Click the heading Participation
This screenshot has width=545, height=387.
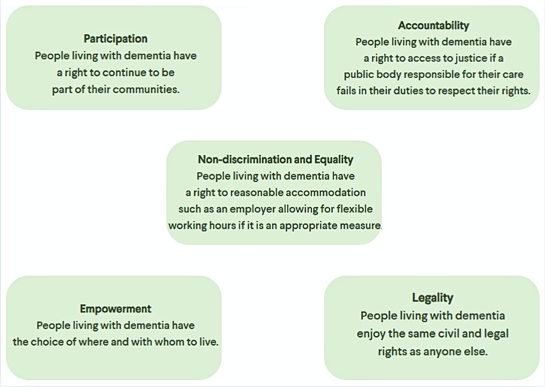point(115,39)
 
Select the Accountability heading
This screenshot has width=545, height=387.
point(433,25)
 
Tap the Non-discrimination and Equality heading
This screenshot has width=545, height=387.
point(275,159)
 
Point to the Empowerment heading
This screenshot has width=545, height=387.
point(115,309)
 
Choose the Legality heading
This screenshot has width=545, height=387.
point(432,297)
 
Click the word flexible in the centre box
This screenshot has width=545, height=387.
point(353,209)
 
